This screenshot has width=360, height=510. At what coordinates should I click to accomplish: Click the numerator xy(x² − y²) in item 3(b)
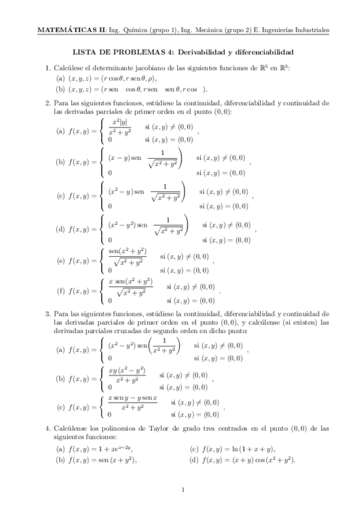click(127, 371)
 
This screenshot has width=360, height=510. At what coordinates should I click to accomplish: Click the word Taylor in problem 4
click(158, 428)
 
